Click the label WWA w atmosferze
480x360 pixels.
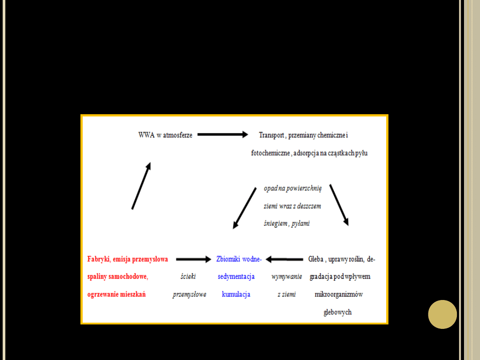click(x=165, y=135)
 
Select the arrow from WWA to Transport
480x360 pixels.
click(x=222, y=135)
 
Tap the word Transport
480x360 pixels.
click(x=271, y=135)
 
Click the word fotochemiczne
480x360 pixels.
click(x=270, y=153)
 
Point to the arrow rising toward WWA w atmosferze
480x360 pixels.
click(x=141, y=185)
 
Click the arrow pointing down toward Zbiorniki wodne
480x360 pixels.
click(x=244, y=208)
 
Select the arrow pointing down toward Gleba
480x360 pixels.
click(x=339, y=205)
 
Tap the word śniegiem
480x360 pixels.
click(x=275, y=224)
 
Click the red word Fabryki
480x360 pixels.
click(x=98, y=259)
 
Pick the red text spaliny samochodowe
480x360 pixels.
click(x=117, y=276)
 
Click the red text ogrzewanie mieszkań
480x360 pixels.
click(x=116, y=294)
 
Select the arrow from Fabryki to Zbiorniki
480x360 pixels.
click(x=193, y=259)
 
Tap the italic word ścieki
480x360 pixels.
click(x=188, y=276)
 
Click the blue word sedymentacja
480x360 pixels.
click(x=236, y=276)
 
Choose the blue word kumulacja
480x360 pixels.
click(x=236, y=294)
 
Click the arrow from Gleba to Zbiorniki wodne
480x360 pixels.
click(x=284, y=259)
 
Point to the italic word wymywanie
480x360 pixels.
click(x=287, y=276)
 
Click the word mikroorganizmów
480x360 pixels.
click(x=339, y=294)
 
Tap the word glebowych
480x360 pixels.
click(x=338, y=312)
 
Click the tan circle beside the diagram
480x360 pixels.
click(x=442, y=314)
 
